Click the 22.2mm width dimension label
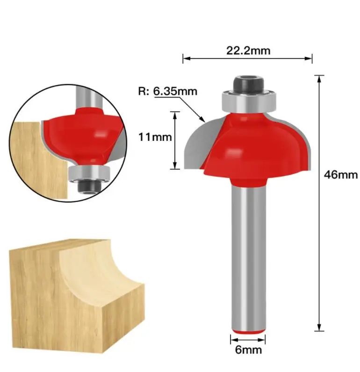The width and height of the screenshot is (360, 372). [x=248, y=51]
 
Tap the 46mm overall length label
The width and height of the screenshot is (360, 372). [x=341, y=175]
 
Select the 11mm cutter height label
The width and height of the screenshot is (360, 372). [x=155, y=137]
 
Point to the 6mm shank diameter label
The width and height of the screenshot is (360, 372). [x=248, y=350]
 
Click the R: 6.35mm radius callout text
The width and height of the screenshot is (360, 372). [x=167, y=91]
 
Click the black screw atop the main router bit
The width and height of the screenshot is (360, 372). [x=249, y=84]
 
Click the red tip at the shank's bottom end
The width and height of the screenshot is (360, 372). [x=248, y=332]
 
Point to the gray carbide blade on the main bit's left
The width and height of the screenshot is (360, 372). [x=202, y=145]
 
